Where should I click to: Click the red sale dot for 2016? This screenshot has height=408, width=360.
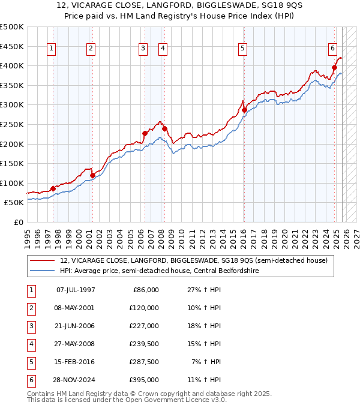pos(244,110)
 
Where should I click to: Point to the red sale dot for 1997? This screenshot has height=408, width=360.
pos(53,188)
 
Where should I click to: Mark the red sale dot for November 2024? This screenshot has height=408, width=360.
pos(334,67)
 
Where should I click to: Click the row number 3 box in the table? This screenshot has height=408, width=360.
pos(30,326)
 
